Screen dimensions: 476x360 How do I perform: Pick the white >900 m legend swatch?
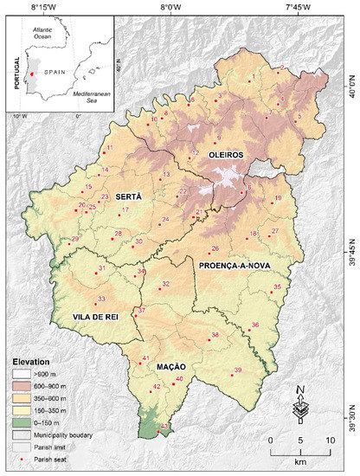coord(18,377)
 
